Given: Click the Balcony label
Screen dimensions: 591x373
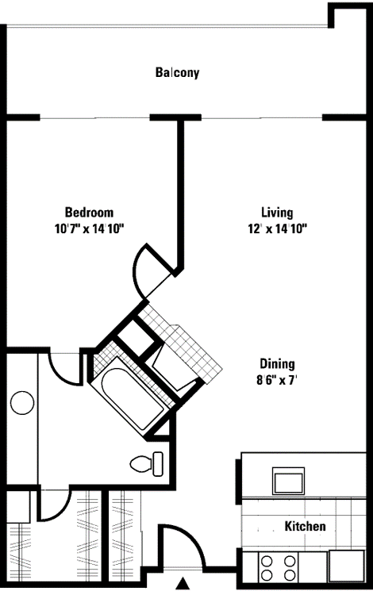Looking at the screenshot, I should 177,73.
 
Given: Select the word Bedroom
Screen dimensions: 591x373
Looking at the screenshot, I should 89,213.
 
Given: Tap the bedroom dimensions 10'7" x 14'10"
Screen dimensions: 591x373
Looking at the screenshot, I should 89,228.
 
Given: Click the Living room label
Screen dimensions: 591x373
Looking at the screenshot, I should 277,213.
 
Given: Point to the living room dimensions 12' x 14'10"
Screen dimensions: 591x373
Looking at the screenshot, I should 277,228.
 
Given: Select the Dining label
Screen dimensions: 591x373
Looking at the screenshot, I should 277,364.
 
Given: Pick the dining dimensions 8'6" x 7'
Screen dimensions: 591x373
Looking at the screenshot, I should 277,379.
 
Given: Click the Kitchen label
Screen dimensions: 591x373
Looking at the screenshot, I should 305,527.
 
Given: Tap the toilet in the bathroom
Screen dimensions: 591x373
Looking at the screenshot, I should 148,462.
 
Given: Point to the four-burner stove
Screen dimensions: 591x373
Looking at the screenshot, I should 279,568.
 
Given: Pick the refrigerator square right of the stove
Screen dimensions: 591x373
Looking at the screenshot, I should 346,567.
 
